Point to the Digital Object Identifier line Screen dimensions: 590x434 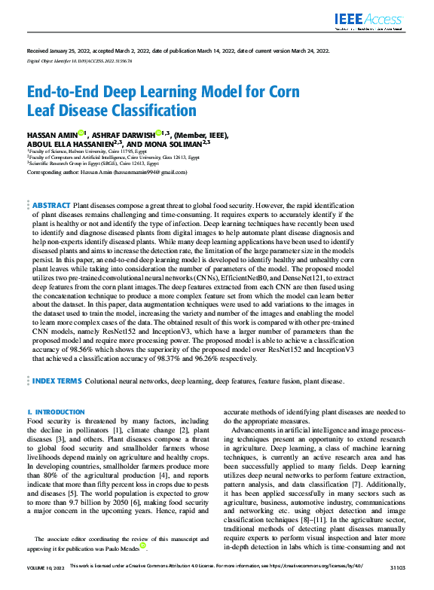79,59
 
